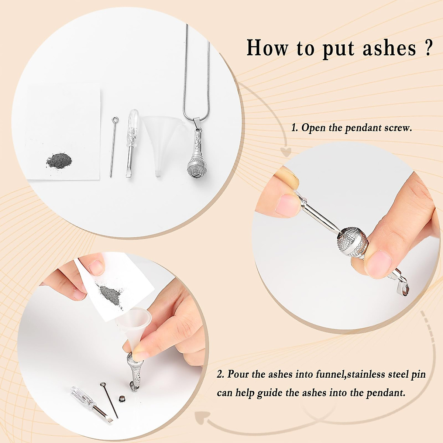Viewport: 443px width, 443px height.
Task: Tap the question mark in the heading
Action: (x=428, y=47)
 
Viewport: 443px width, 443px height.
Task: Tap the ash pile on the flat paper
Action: (x=58, y=161)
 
